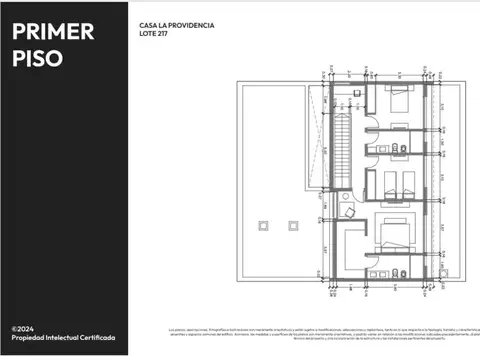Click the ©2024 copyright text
coord(24,328)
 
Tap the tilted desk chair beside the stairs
coord(350,212)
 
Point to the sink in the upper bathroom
coord(398,149)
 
